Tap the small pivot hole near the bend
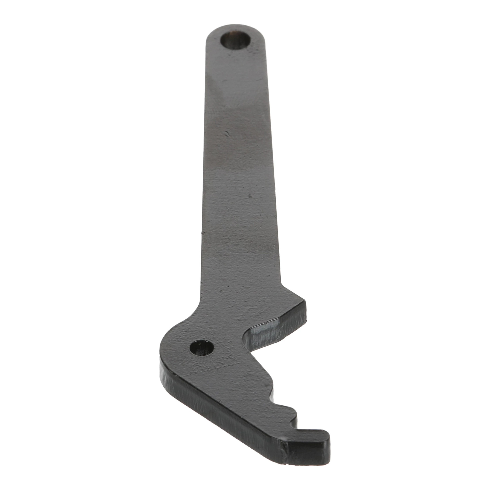coord(202,348)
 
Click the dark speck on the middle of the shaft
coord(250,196)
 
